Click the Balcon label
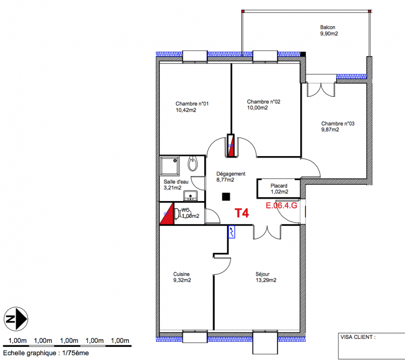tap(328, 27)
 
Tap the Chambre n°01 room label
tap(192, 104)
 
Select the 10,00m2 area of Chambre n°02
tap(257, 108)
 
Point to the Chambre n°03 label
tap(338, 123)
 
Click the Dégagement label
tap(231, 174)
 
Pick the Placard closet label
tap(279, 186)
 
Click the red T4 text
tap(242, 213)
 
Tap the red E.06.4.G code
tap(282, 206)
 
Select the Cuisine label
tap(181, 274)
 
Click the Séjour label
tap(263, 274)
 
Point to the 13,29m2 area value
tap(266, 280)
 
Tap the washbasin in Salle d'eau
tap(193, 163)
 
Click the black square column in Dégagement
tap(226, 197)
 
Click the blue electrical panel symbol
tap(232, 232)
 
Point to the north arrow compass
tap(16, 319)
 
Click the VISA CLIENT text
tap(358, 337)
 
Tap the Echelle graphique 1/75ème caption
tap(46, 353)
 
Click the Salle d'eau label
tap(176, 182)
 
